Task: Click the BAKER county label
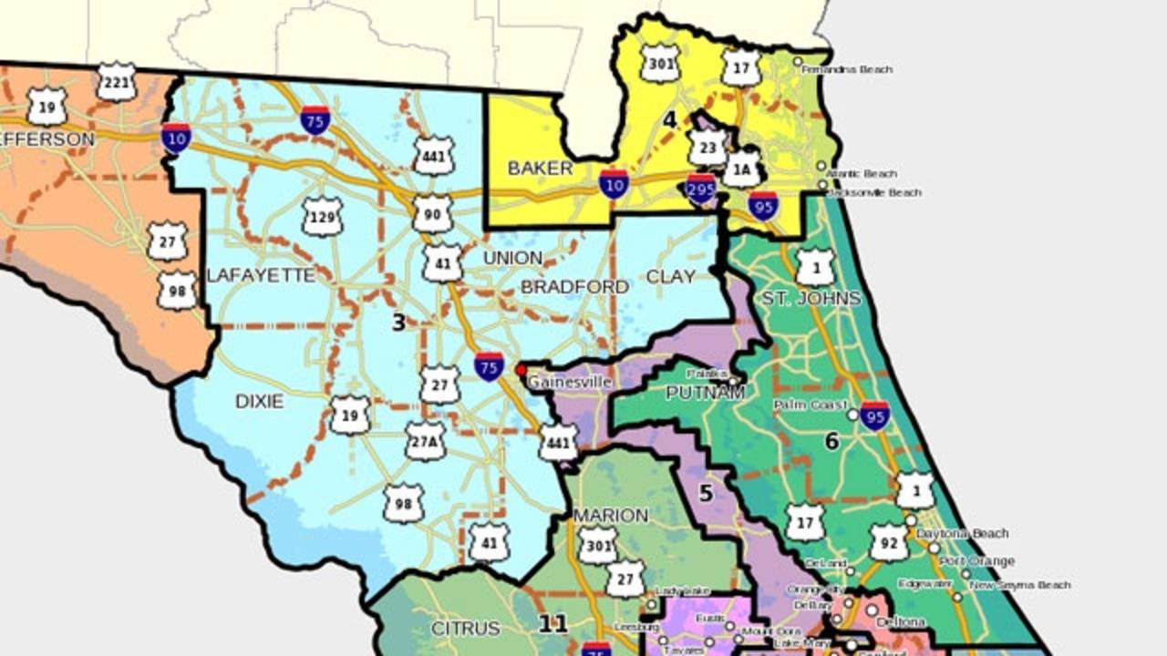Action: coord(540,168)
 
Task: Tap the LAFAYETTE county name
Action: coord(261,275)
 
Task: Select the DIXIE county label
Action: coord(259,401)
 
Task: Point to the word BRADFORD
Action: coord(574,287)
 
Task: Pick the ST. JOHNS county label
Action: coord(811,298)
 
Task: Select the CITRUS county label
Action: coord(465,628)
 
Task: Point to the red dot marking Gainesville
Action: coord(522,371)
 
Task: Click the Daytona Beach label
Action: coord(963,533)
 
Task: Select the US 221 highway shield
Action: coord(116,82)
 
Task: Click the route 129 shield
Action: coord(322,217)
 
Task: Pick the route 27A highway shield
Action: coord(425,441)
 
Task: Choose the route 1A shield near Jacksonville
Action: coord(740,169)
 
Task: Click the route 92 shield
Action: coord(888,542)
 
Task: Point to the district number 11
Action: coord(553,624)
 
